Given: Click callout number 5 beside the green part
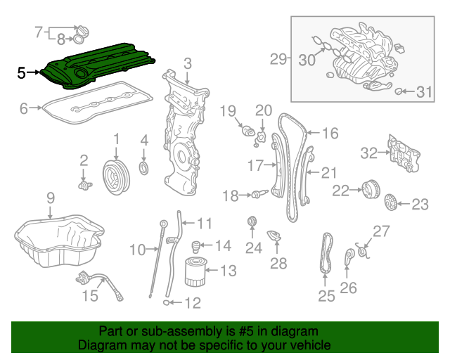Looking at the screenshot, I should tap(21, 72).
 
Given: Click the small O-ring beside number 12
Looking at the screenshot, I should tap(166, 303).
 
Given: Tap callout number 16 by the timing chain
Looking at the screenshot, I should tap(330, 133).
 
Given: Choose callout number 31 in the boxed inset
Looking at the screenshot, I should tap(422, 92).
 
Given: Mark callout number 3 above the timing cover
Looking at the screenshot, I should tap(188, 65).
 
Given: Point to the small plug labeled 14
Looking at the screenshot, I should tap(198, 246).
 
